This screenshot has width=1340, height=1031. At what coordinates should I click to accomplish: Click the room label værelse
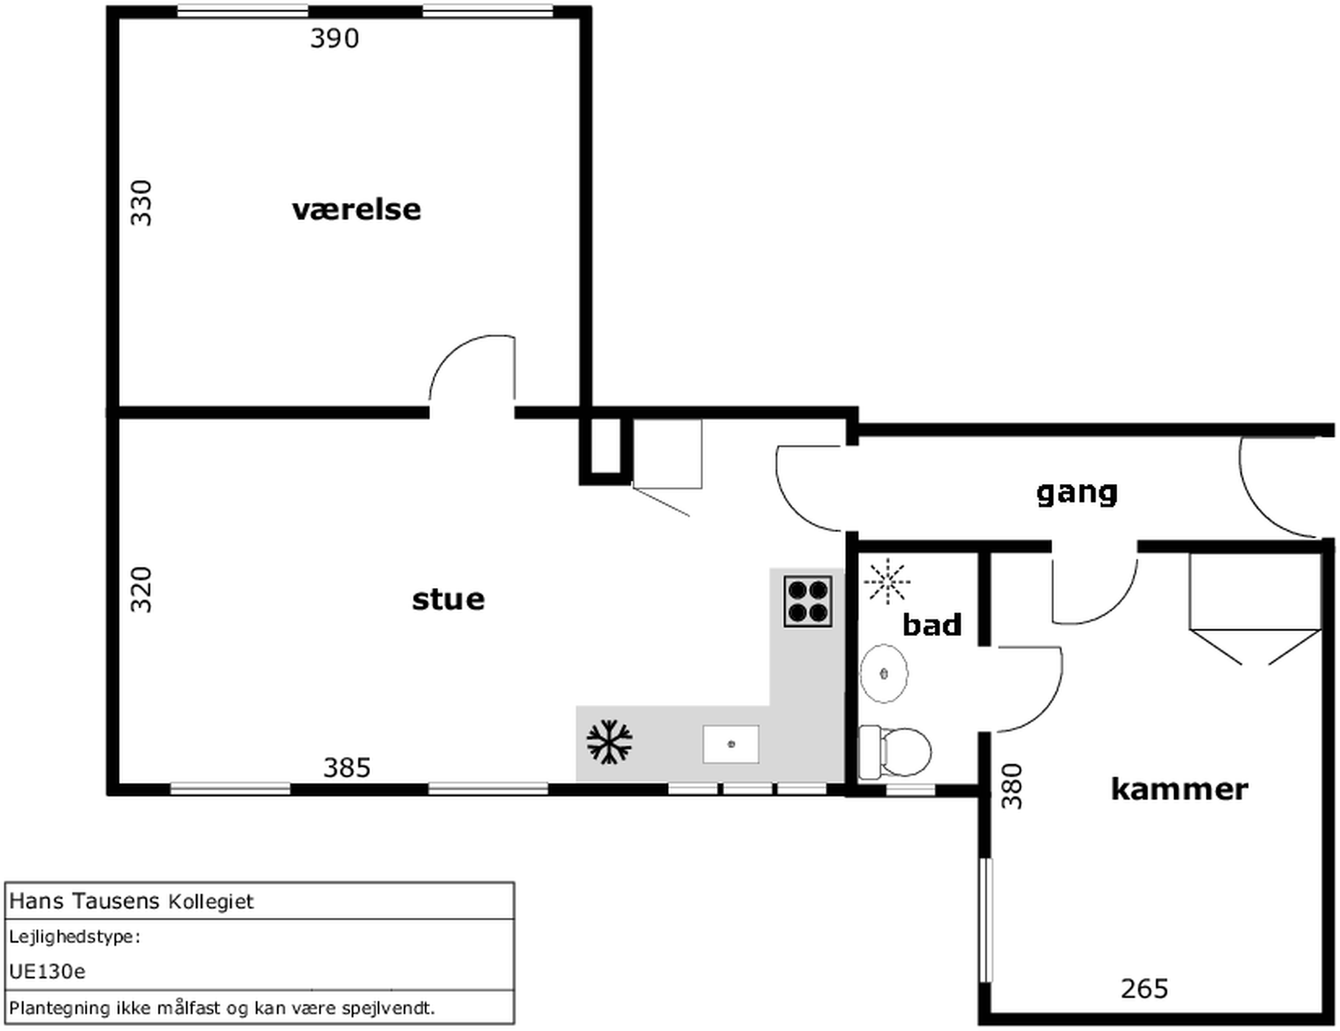tap(357, 210)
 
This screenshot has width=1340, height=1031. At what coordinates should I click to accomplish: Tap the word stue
tap(448, 599)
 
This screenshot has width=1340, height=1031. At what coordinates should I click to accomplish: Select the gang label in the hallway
tap(1077, 494)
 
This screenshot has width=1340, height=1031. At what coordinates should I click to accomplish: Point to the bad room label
tap(932, 625)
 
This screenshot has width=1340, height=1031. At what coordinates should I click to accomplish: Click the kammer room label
tap(1179, 789)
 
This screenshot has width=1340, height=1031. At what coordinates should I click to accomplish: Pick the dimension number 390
tap(334, 39)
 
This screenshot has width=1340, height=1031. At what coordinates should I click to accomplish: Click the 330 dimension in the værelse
tap(141, 203)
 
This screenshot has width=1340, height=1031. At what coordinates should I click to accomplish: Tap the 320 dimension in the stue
tap(141, 590)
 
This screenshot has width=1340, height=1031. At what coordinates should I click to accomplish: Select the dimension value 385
tap(347, 768)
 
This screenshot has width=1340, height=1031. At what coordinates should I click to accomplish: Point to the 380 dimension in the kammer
tap(1012, 786)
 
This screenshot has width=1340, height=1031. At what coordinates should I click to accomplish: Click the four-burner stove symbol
tap(808, 601)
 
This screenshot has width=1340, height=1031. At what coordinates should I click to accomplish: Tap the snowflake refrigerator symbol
tap(609, 742)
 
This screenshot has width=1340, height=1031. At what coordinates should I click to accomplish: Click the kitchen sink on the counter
tap(731, 745)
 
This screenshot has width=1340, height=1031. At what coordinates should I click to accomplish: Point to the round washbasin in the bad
tap(883, 673)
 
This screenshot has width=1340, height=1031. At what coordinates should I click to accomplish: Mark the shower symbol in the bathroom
tap(887, 581)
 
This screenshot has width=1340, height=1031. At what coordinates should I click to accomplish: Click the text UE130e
tap(47, 971)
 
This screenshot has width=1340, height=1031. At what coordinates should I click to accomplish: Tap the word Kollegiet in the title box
tap(210, 902)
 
